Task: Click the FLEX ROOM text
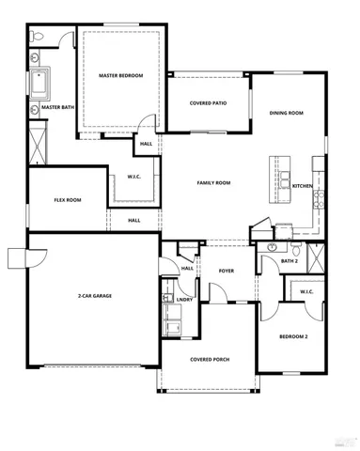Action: point(67,199)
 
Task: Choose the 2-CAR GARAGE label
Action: point(95,296)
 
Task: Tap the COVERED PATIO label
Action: point(208,103)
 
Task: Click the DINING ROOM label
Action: point(287,113)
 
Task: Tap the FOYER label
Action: point(227,271)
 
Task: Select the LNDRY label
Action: point(184,300)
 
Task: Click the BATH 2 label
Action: point(290,260)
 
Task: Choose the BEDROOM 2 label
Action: point(293,335)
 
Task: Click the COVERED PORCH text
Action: point(209,359)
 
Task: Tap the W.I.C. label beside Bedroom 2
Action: point(306,291)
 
